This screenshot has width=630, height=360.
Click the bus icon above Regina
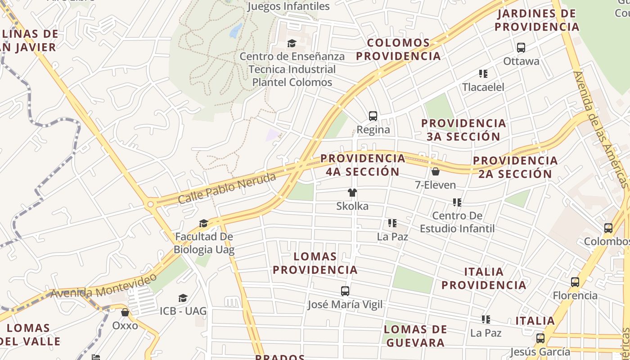pyautogui.click(x=373, y=116)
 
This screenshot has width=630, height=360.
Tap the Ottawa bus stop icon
pyautogui.click(x=521, y=48)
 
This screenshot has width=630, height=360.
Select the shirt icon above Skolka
pyautogui.click(x=352, y=193)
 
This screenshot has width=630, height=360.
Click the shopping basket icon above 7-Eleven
pyautogui.click(x=435, y=171)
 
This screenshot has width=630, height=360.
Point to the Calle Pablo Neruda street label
pyautogui.click(x=227, y=189)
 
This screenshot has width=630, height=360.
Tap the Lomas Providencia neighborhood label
pyautogui.click(x=315, y=263)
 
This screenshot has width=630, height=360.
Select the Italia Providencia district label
pyautogui.click(x=484, y=279)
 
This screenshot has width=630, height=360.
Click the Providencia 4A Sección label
pyautogui.click(x=363, y=165)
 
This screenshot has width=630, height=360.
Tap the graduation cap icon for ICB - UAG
pyautogui.click(x=183, y=298)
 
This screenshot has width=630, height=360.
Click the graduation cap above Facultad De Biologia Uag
pyautogui.click(x=204, y=224)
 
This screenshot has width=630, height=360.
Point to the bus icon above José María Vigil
pyautogui.click(x=345, y=291)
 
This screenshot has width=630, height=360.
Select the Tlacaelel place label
pyautogui.click(x=483, y=87)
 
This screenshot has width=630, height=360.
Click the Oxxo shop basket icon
pyautogui.click(x=125, y=312)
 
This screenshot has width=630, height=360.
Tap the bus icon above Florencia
pyautogui.click(x=575, y=282)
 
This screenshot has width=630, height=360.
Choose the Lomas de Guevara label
pyautogui.click(x=415, y=336)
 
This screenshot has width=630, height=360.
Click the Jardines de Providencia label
pyautogui.click(x=537, y=20)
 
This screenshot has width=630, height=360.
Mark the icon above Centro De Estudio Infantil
pyautogui.click(x=457, y=202)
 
